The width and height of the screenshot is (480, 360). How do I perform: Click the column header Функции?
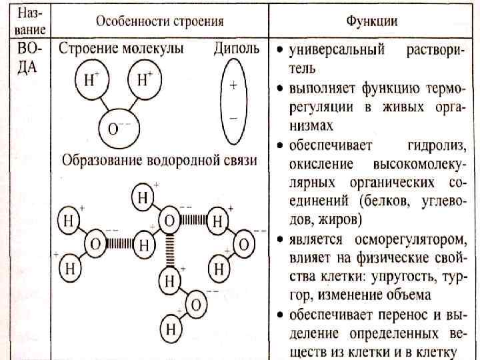click(372, 21)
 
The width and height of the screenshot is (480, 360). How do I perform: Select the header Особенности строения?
click(159, 21)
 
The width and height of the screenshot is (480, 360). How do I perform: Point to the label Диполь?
click(235, 49)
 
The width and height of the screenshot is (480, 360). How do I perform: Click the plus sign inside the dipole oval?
click(234, 85)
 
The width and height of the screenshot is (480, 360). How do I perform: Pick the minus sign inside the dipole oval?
click(234, 117)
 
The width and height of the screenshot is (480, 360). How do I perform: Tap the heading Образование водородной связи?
click(159, 161)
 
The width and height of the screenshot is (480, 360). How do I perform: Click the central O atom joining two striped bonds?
click(170, 219)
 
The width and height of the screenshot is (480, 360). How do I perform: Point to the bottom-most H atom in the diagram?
click(171, 329)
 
